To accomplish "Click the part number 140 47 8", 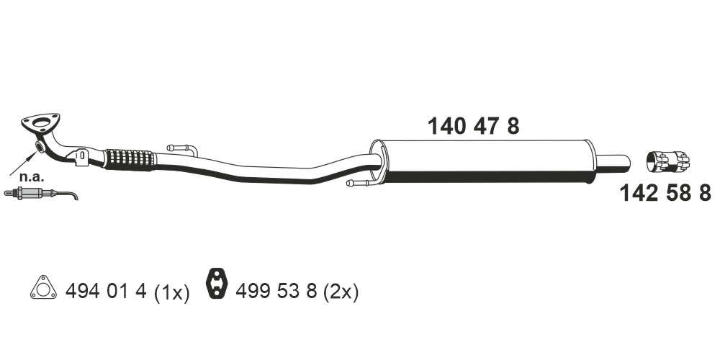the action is click(474, 126).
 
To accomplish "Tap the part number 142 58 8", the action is click(665, 193).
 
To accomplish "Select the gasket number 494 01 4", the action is click(106, 291).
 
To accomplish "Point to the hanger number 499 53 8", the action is click(276, 291).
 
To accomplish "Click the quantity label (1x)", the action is click(172, 292).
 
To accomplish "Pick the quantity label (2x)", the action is click(341, 292).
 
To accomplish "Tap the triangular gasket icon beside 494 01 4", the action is click(44, 288).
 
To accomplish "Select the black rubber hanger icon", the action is click(215, 283).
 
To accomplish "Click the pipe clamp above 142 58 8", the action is click(667, 162).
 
